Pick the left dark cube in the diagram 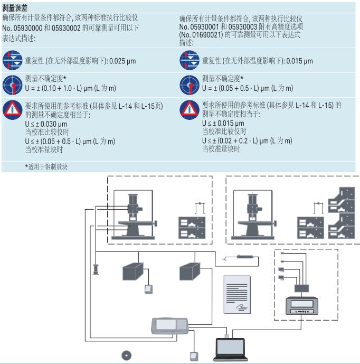tap(132, 270)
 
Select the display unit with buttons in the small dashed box tap(301, 307)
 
